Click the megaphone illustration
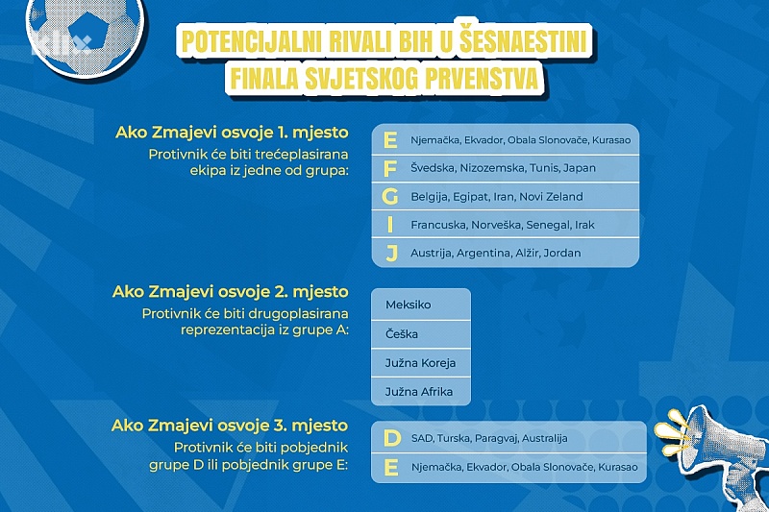pos(716,455)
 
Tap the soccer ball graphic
pos(86,35)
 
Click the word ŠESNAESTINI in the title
pos(523,41)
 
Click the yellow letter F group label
pos(390,168)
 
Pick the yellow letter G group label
pos(390,197)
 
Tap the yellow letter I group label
pos(390,225)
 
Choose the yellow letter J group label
pos(391,254)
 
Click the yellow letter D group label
pos(392,438)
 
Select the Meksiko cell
pos(421,305)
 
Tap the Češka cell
pos(421,334)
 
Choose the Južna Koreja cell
pos(421,363)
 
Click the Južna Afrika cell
pos(421,392)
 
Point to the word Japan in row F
pos(580,168)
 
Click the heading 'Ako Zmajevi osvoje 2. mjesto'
pos(231,292)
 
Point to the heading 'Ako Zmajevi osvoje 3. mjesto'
pos(230,426)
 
